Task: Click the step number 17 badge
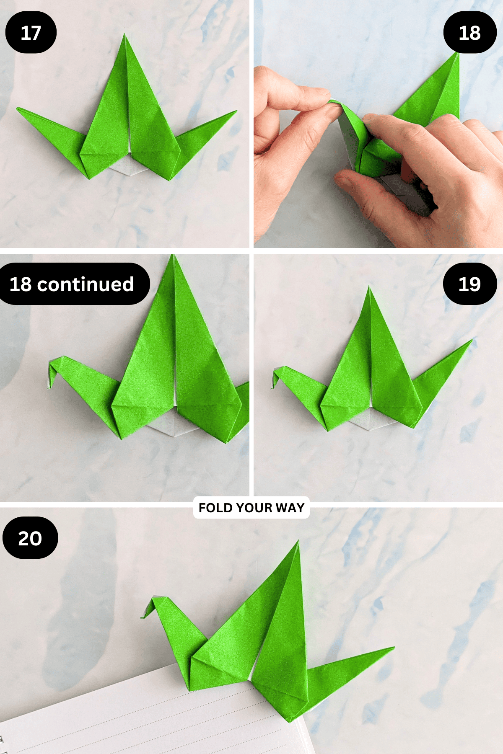pyautogui.click(x=31, y=32)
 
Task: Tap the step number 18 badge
pyautogui.click(x=470, y=32)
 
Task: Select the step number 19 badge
pyautogui.click(x=470, y=284)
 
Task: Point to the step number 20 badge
pyautogui.click(x=30, y=537)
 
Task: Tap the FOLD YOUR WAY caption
pyautogui.click(x=251, y=508)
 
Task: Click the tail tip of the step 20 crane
pyautogui.click(x=394, y=648)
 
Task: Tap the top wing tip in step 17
pyautogui.click(x=124, y=34)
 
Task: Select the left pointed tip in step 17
pyautogui.click(x=17, y=108)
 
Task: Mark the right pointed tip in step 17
pyautogui.click(x=237, y=111)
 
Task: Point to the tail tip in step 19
pyautogui.click(x=472, y=340)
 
